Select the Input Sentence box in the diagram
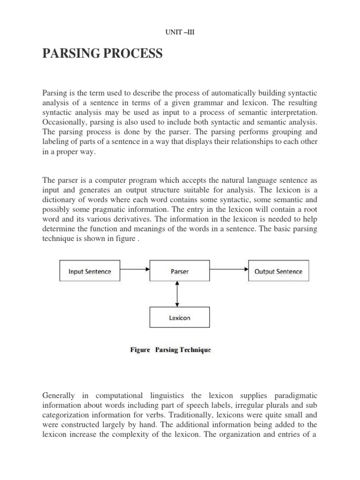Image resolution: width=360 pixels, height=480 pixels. coord(90,271)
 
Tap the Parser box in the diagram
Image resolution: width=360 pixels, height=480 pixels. coord(180,271)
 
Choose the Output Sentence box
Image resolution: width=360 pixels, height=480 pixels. coord(278,271)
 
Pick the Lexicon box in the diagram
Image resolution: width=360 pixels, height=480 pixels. coord(180,317)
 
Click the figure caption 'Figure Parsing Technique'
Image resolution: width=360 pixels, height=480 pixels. coord(170,350)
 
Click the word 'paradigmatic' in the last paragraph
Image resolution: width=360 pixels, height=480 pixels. coord(295,394)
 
